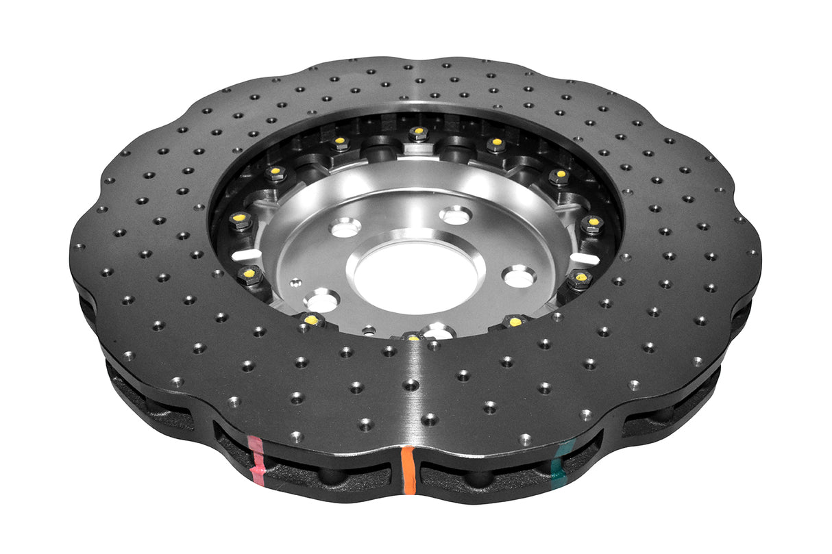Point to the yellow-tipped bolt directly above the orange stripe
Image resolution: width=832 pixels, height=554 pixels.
pyautogui.click(x=411, y=336)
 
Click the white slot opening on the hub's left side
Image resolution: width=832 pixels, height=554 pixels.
pyautogui.click(x=246, y=255)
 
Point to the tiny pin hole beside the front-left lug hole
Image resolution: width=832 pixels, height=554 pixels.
pyautogui.click(x=293, y=281)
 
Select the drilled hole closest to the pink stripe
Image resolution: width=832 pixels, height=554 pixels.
pyautogui.click(x=296, y=436)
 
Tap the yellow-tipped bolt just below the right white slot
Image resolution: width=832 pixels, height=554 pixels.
pyautogui.click(x=580, y=277)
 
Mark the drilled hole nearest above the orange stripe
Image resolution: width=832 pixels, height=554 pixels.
pyautogui.click(x=429, y=418)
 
